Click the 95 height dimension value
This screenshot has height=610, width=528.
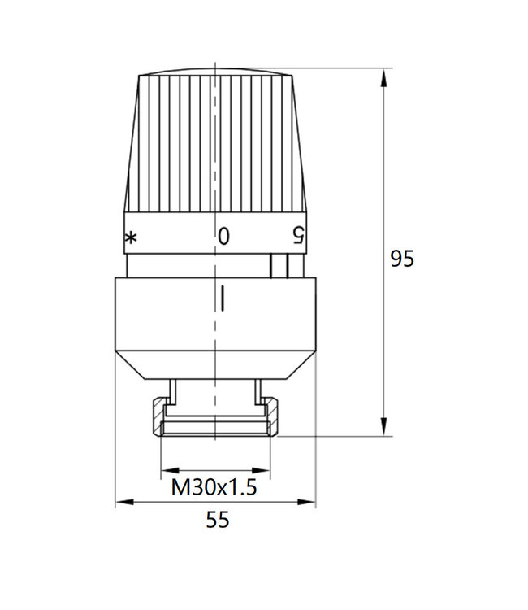tap(402, 259)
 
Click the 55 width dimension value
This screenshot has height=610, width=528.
tap(217, 521)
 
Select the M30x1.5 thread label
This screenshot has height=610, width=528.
tap(214, 488)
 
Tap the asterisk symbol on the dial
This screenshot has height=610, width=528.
tap(130, 237)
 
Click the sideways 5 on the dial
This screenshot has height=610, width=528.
tap(299, 236)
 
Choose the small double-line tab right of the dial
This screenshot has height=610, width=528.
tap(279, 265)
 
